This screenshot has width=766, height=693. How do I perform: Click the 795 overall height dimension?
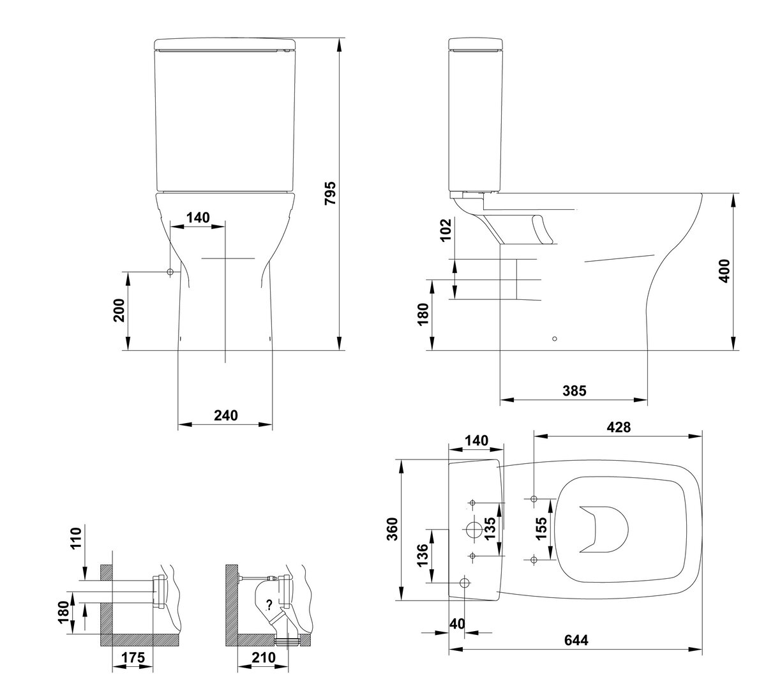(x=330, y=193)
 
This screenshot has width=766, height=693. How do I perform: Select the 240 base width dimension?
(x=226, y=415)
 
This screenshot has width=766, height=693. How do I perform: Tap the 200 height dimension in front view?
(x=119, y=310)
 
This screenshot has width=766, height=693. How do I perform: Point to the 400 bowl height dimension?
(x=724, y=271)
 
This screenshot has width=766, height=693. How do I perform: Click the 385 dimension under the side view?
(x=574, y=391)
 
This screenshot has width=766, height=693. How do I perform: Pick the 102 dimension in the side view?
(x=446, y=230)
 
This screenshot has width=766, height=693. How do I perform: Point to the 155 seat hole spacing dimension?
(x=541, y=528)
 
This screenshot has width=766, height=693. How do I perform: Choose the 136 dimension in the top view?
(x=422, y=556)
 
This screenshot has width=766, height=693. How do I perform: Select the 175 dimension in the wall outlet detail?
(x=133, y=657)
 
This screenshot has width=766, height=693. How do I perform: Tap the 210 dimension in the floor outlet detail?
(x=264, y=657)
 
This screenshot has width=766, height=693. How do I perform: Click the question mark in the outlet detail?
(x=269, y=604)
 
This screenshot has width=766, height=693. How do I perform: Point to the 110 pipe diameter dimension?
(x=77, y=537)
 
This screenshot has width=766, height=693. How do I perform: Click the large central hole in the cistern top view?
(x=474, y=530)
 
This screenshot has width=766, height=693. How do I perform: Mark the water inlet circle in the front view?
(x=170, y=272)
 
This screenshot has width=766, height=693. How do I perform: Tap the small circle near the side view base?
(x=555, y=339)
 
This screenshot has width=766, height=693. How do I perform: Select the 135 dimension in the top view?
(x=490, y=528)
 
